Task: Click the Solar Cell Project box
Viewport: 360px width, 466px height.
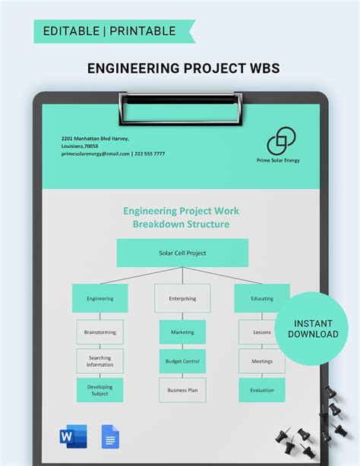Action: (182, 253)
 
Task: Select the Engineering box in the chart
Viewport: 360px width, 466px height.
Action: (99, 298)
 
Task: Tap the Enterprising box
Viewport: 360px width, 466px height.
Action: (182, 298)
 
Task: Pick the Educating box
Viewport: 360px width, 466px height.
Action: (262, 298)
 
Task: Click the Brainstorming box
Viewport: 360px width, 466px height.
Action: (99, 332)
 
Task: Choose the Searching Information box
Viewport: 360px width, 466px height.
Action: (99, 361)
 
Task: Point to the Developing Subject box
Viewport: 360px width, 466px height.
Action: (99, 390)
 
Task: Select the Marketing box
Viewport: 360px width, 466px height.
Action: (182, 332)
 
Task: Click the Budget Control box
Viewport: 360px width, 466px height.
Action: (182, 361)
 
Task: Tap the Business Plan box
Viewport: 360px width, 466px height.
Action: (182, 390)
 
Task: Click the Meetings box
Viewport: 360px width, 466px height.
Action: (262, 361)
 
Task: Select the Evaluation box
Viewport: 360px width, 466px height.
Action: (262, 390)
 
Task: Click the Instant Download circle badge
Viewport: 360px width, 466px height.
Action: (312, 329)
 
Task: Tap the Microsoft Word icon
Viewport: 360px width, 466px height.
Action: (73, 437)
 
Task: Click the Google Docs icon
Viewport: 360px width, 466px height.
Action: (109, 437)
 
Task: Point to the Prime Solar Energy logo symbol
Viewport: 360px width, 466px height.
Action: (281, 141)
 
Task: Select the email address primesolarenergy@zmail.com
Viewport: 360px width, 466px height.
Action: (96, 153)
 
